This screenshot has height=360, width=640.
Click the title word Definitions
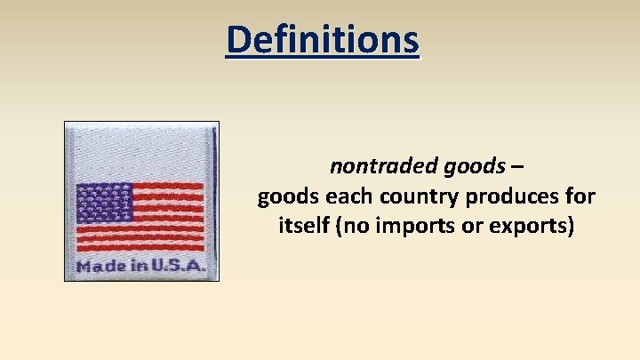tap(321, 39)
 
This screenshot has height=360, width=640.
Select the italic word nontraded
tap(372, 165)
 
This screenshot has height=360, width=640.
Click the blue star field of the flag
tap(103, 202)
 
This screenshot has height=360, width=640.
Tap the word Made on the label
tap(98, 266)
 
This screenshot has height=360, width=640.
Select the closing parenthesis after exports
tap(570, 227)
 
